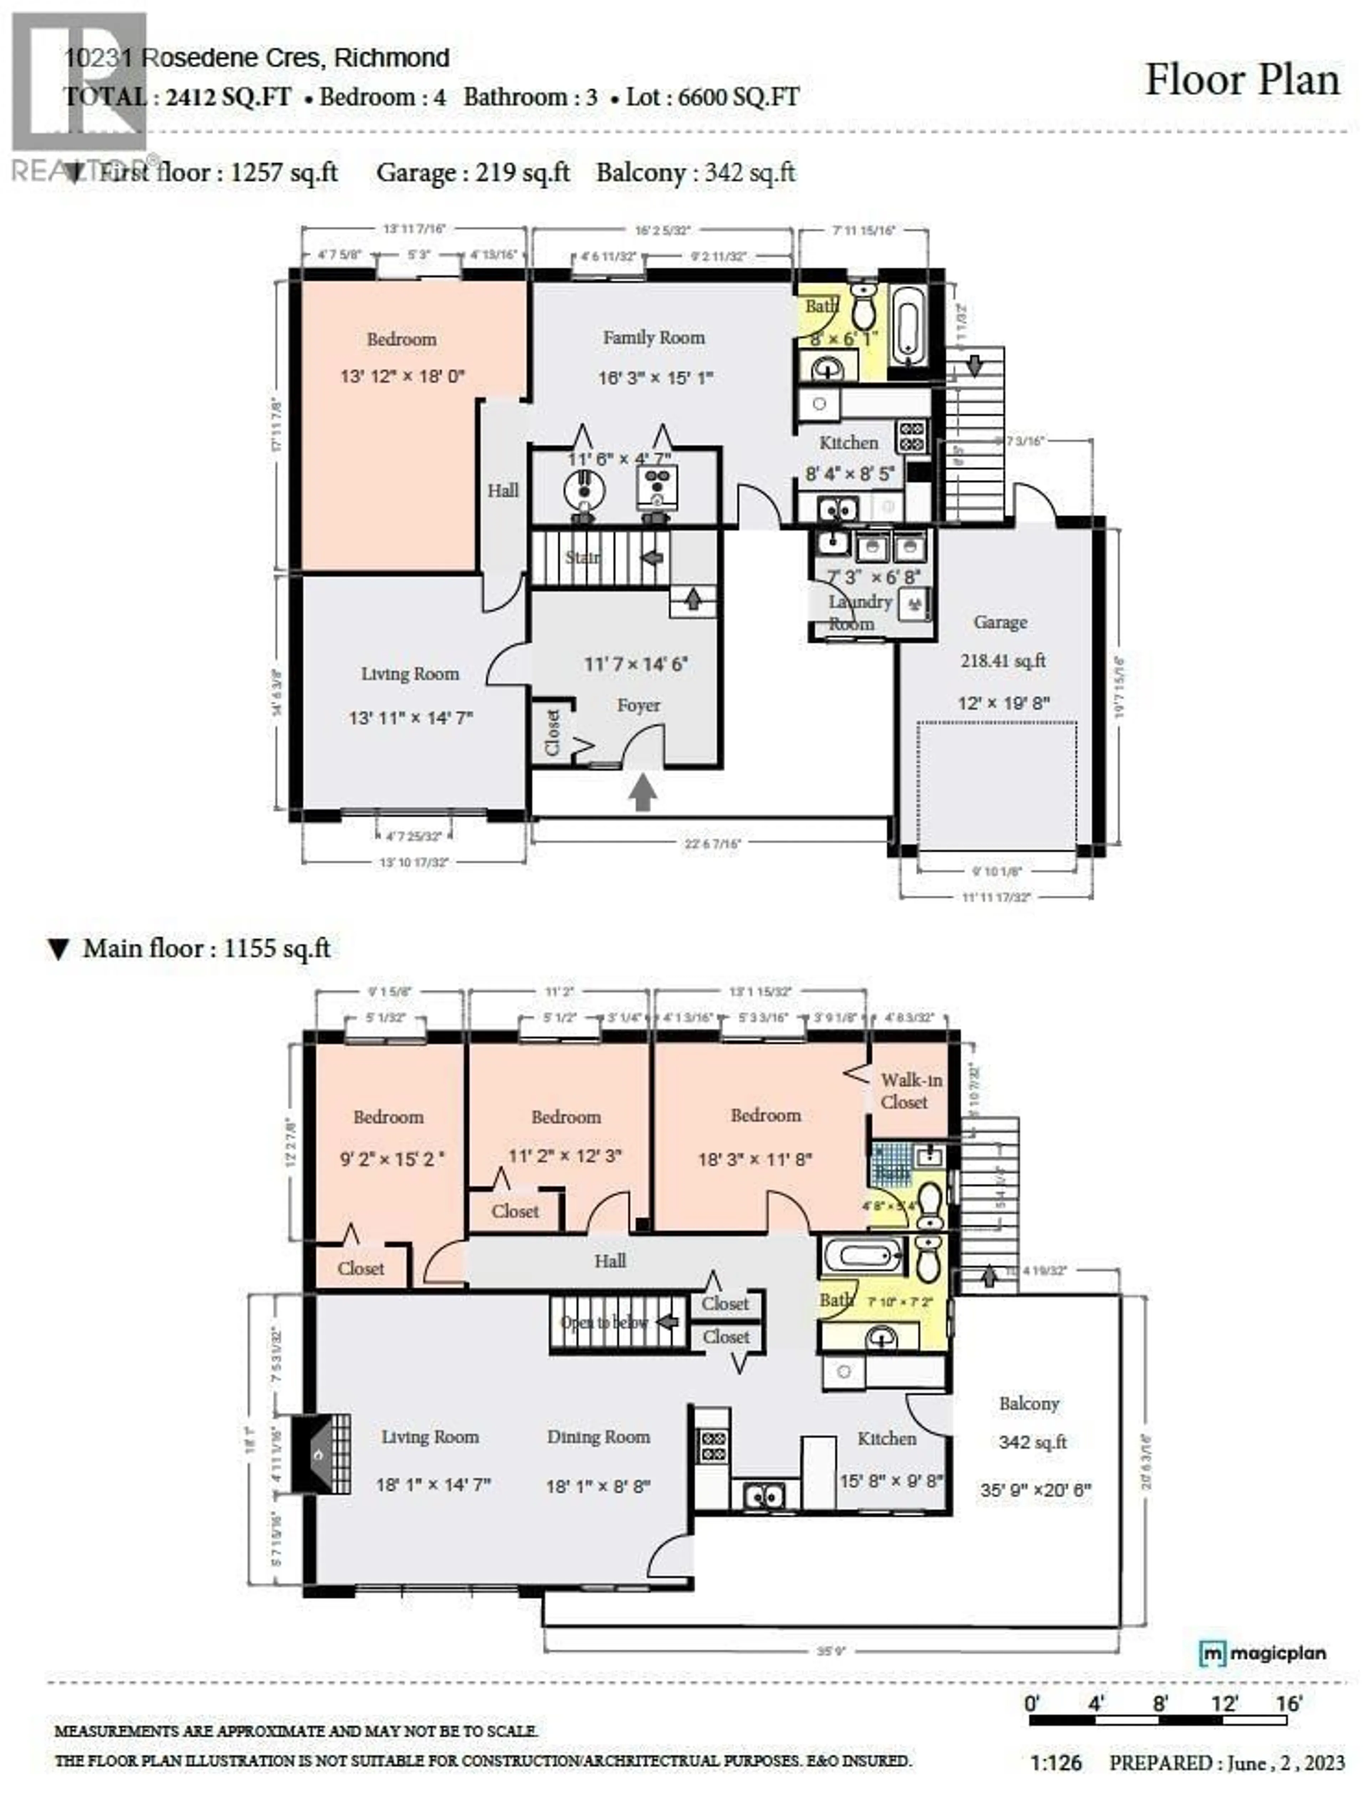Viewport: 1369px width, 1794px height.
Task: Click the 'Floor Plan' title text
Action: pos(1242,80)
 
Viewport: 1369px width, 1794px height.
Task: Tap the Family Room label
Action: pos(653,337)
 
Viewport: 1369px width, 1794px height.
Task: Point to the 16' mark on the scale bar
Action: pos(1288,1703)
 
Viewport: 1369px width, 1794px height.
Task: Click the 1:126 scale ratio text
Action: pos(1056,1763)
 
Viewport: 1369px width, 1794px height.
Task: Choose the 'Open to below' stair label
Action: pos(605,1322)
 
